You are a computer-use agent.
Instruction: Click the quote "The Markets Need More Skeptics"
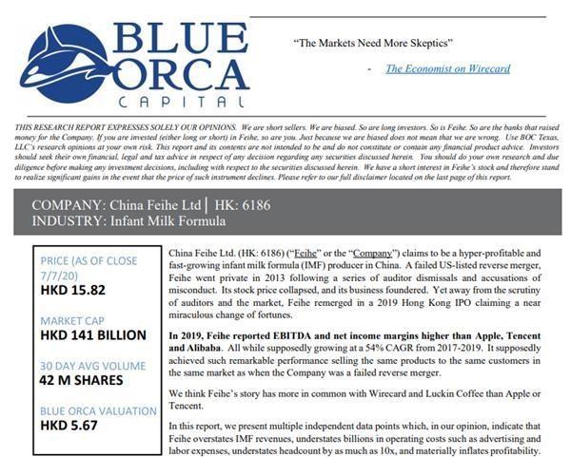pyautogui.click(x=370, y=44)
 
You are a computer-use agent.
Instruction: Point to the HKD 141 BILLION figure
pyautogui.click(x=93, y=334)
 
